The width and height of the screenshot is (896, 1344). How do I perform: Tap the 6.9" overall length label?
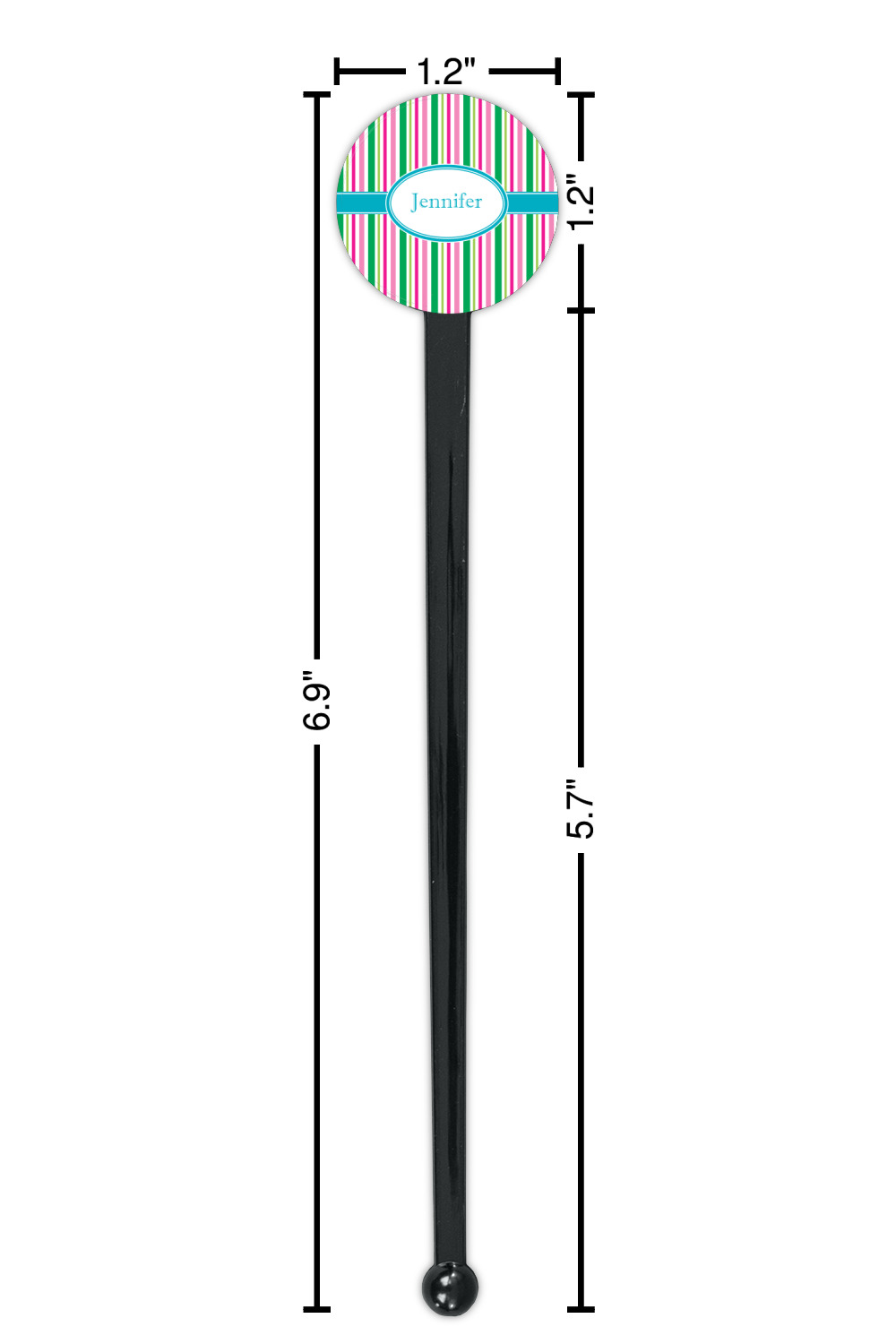click(x=316, y=700)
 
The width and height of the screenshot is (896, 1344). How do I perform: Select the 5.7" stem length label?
click(x=580, y=808)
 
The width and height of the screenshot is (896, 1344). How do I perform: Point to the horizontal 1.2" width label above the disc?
click(x=446, y=72)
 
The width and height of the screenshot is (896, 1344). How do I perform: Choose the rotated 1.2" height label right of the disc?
click(x=581, y=202)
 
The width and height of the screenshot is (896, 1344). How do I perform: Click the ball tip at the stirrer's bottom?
click(x=450, y=1288)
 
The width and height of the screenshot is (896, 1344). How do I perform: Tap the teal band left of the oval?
click(x=361, y=202)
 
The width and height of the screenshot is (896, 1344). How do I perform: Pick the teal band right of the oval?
click(x=532, y=202)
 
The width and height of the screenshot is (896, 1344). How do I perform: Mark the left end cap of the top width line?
click(x=337, y=72)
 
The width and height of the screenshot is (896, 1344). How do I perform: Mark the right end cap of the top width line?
click(x=557, y=72)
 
